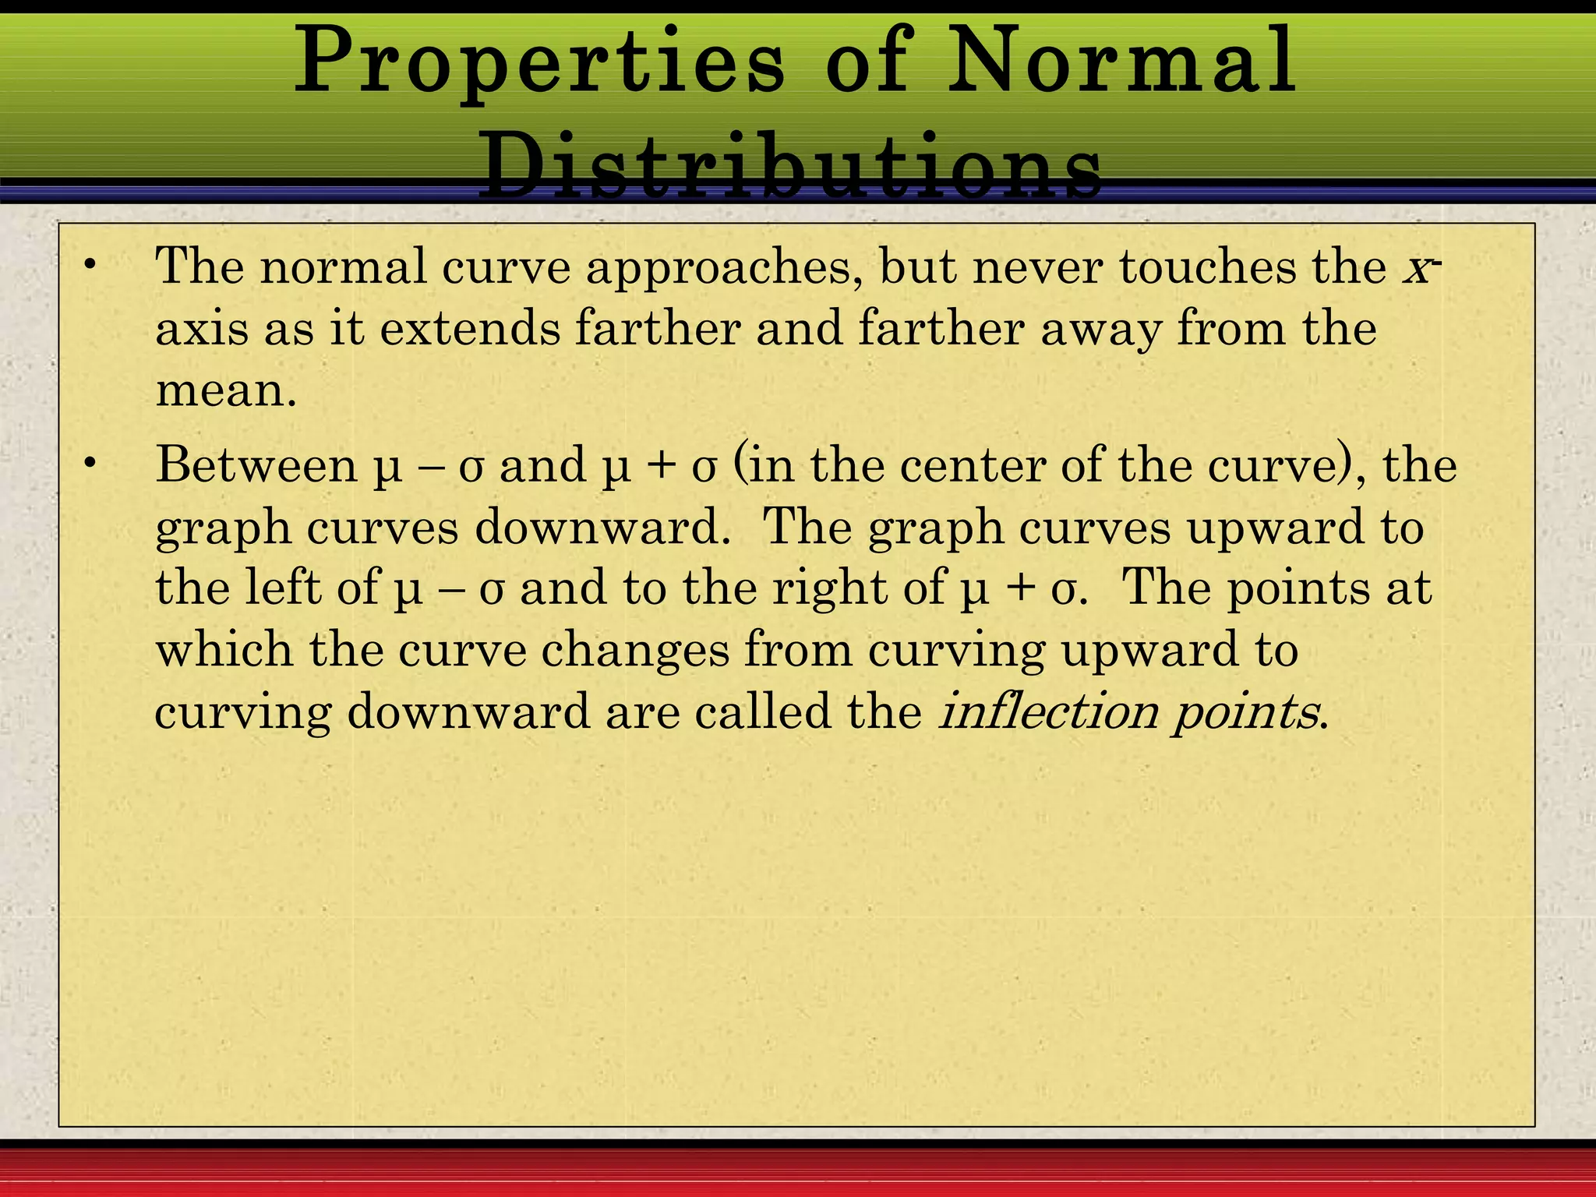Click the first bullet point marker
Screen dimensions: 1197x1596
click(x=91, y=266)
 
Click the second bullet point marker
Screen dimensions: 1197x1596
click(x=91, y=465)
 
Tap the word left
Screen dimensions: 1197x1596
click(x=283, y=588)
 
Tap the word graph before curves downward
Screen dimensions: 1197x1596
click(x=223, y=528)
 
